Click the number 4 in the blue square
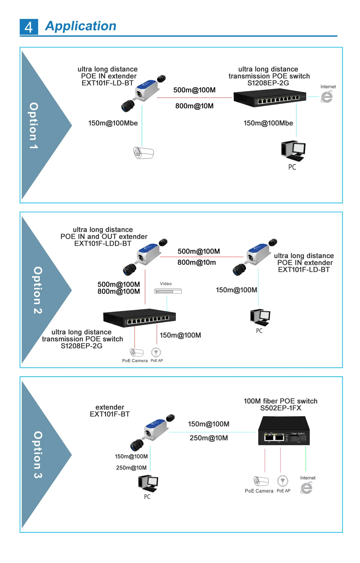29,27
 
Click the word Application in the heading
81,26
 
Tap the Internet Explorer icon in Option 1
327,97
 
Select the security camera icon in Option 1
143,153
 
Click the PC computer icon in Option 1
293,150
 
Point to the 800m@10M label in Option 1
194,106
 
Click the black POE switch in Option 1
270,98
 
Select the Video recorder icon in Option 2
168,291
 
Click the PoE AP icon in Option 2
156,352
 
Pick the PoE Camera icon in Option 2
136,353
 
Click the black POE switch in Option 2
139,317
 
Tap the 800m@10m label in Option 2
197,262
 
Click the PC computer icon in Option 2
260,317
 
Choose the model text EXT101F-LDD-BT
103,243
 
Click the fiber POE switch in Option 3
284,431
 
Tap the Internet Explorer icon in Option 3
306,488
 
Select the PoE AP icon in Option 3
282,481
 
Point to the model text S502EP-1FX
280,408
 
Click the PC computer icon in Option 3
148,483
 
